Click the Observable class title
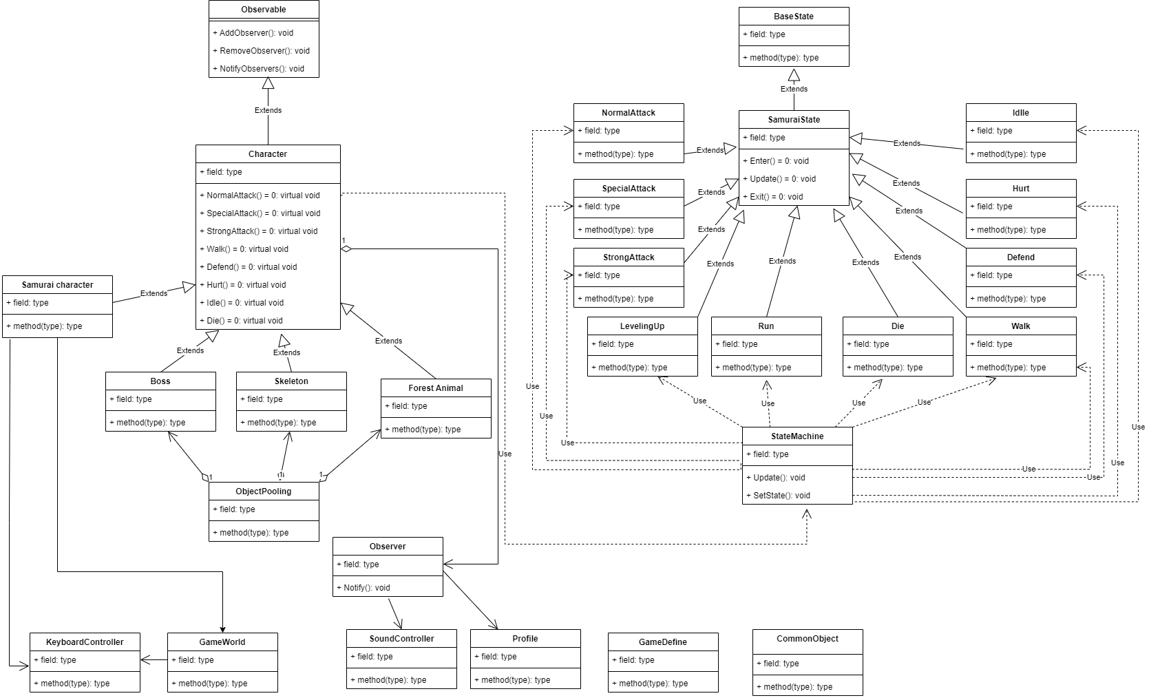tap(264, 10)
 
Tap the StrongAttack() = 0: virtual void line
tap(262, 231)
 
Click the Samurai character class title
tap(57, 285)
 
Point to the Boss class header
tap(160, 381)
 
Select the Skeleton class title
tap(291, 381)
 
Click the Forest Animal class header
tap(436, 388)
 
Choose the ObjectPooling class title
tap(264, 491)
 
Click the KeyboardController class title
tap(85, 642)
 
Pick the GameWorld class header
tap(222, 642)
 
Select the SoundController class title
tap(401, 639)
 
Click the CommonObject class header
tap(808, 639)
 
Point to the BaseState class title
tap(794, 17)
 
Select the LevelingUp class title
tap(642, 326)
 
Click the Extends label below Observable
tap(268, 110)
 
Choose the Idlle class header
tap(1021, 113)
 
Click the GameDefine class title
tap(663, 642)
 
